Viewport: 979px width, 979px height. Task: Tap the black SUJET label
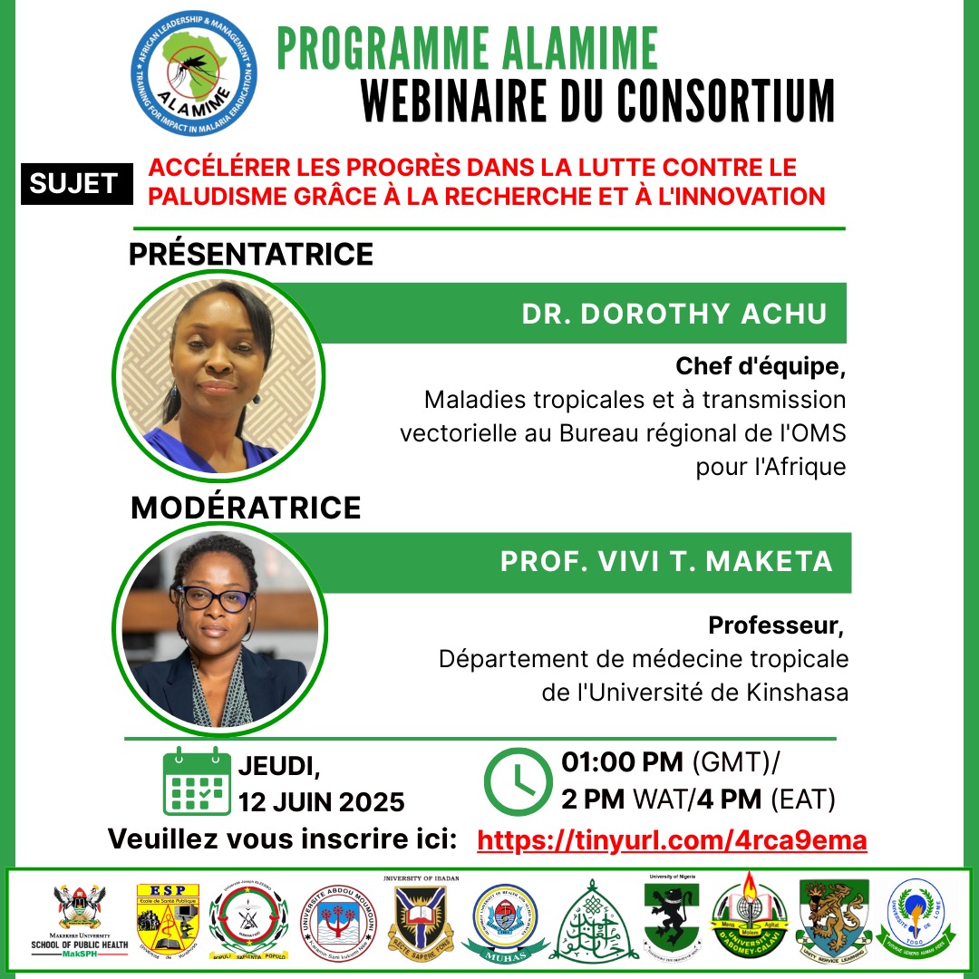pos(74,183)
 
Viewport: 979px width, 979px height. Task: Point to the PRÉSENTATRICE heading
pos(251,254)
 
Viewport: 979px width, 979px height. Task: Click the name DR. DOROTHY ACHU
pos(674,314)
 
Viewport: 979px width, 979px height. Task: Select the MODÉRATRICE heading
pos(246,507)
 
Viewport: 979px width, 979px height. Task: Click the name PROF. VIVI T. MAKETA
pos(666,561)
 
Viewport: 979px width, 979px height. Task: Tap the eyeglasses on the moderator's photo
pos(218,599)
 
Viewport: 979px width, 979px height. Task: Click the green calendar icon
pos(197,780)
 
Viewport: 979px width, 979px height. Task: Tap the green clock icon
pos(519,782)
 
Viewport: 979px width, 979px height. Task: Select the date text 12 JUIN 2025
pos(321,802)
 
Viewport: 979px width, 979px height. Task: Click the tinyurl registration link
pos(672,841)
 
